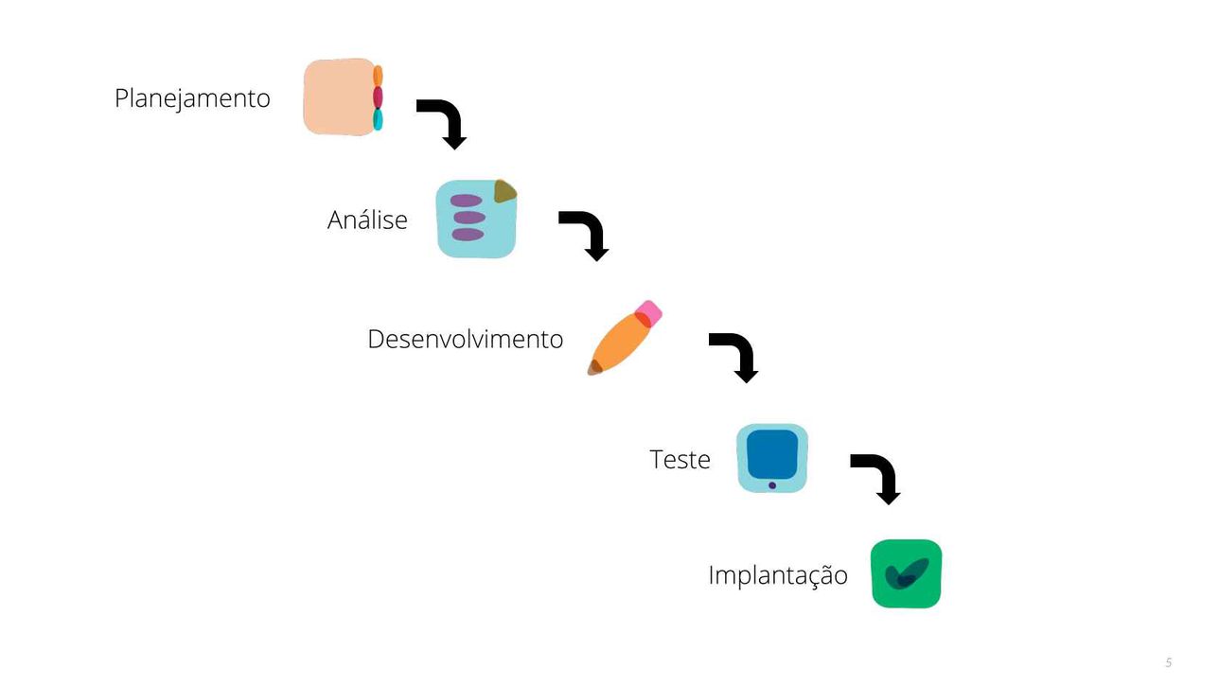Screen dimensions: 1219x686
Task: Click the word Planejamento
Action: pyautogui.click(x=192, y=99)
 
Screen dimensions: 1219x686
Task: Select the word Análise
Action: pyautogui.click(x=367, y=220)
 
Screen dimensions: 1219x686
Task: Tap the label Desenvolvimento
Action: pyautogui.click(x=466, y=339)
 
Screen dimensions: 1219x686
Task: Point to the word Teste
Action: pyautogui.click(x=680, y=460)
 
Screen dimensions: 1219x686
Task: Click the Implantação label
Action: pyautogui.click(x=778, y=575)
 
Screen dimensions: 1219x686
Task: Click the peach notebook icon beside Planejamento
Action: pyautogui.click(x=340, y=97)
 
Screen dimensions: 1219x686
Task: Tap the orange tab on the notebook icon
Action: pyautogui.click(x=378, y=76)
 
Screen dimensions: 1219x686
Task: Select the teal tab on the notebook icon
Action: pyautogui.click(x=378, y=119)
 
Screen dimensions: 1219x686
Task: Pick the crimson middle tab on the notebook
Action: pyautogui.click(x=378, y=97)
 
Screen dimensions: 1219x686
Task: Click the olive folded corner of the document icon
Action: pyautogui.click(x=503, y=191)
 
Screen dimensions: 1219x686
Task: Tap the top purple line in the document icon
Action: pyautogui.click(x=467, y=201)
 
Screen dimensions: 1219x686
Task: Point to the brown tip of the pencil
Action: pyautogui.click(x=594, y=368)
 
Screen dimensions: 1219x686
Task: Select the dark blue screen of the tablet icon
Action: pyautogui.click(x=772, y=454)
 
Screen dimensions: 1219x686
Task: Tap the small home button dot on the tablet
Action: pyautogui.click(x=772, y=485)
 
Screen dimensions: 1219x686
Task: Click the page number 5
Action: pyautogui.click(x=1169, y=662)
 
